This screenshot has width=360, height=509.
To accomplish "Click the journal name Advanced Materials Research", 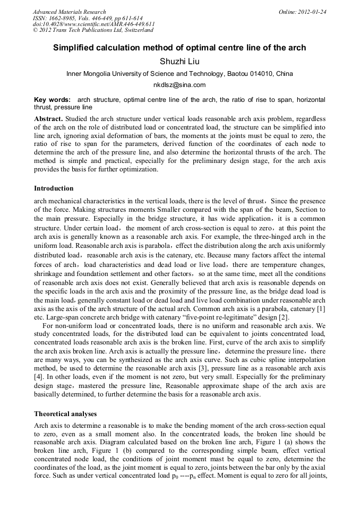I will (x=69, y=12).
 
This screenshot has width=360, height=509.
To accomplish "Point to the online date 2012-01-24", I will (x=313, y=12).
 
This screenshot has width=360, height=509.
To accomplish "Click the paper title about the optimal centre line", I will (x=179, y=48).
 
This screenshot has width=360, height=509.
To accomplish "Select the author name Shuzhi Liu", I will (x=179, y=62).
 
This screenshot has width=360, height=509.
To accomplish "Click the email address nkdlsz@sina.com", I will (x=179, y=85).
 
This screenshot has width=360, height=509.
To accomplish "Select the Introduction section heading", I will (x=54, y=188).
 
